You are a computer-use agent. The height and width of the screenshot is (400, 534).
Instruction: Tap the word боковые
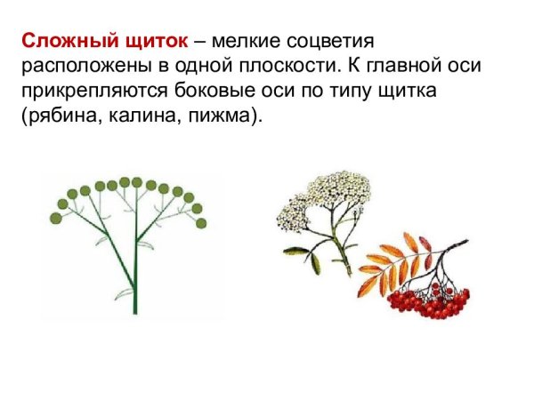[246, 92]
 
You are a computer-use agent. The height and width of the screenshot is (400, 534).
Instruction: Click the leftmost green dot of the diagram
[61, 217]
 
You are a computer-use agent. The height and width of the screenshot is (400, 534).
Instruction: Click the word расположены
[77, 66]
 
